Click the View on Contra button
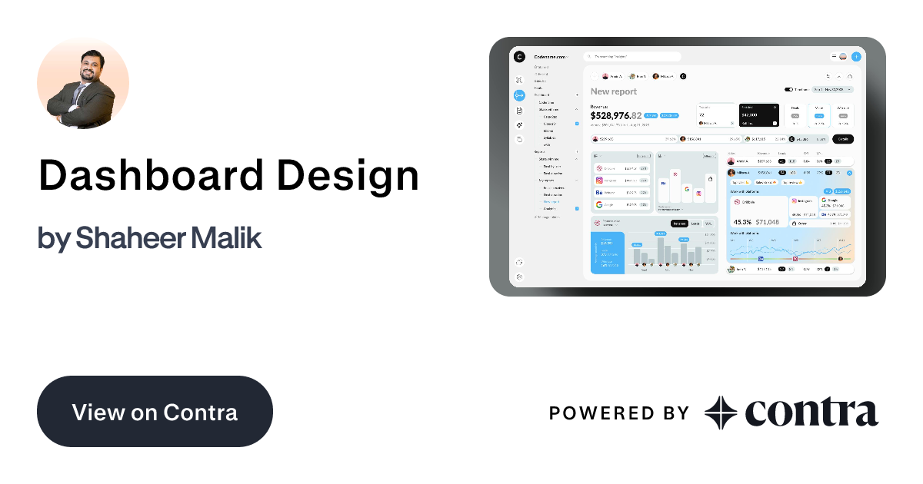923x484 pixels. click(x=155, y=412)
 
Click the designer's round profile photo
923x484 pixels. click(x=83, y=83)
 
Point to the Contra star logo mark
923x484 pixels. click(x=721, y=413)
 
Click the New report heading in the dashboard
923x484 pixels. click(x=614, y=91)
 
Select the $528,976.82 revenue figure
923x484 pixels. click(x=615, y=115)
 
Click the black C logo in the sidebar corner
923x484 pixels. click(x=519, y=56)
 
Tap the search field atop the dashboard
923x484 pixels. click(x=632, y=56)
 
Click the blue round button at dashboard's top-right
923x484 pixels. click(x=856, y=56)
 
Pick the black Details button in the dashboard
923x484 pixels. click(x=843, y=139)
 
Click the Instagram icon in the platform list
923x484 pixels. click(x=598, y=181)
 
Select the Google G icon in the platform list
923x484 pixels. click(x=598, y=205)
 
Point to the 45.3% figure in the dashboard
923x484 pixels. click(x=742, y=222)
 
